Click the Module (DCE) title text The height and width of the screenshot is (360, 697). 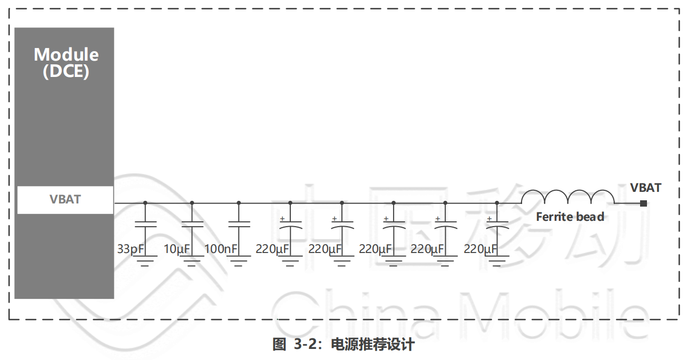(66, 62)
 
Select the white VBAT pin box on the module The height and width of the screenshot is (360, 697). (65, 200)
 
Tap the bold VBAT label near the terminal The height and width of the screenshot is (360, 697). (645, 188)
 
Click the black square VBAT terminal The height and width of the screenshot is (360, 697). (643, 203)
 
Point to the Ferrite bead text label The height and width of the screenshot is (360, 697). (570, 217)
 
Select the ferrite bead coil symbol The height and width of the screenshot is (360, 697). (567, 196)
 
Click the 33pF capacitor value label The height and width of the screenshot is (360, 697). (130, 249)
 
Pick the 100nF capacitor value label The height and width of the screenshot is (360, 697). (221, 249)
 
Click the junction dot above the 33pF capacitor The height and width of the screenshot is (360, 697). (145, 202)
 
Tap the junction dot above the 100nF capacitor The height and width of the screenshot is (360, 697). (239, 202)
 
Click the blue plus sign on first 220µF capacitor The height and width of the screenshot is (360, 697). (282, 218)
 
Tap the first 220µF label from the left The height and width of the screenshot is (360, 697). (272, 249)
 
